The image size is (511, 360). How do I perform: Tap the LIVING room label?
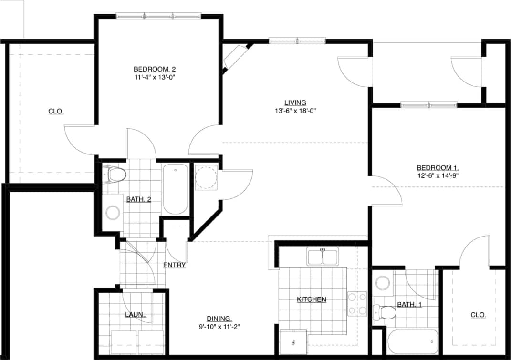[295, 103]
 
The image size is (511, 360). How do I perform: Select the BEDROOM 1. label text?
[438, 168]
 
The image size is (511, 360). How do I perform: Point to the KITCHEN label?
[312, 299]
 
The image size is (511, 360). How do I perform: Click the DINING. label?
[219, 319]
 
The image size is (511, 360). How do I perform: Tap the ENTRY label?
[174, 265]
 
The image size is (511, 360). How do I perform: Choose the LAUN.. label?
[136, 315]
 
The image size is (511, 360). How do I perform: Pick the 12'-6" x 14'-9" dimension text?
[438, 175]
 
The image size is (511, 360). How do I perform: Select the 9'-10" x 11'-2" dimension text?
[219, 327]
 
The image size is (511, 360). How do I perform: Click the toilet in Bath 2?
[116, 175]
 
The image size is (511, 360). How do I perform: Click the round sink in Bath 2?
[113, 213]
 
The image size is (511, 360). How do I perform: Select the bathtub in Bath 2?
[175, 189]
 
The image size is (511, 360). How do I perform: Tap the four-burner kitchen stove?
[357, 303]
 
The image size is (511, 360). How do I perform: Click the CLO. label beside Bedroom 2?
[56, 112]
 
